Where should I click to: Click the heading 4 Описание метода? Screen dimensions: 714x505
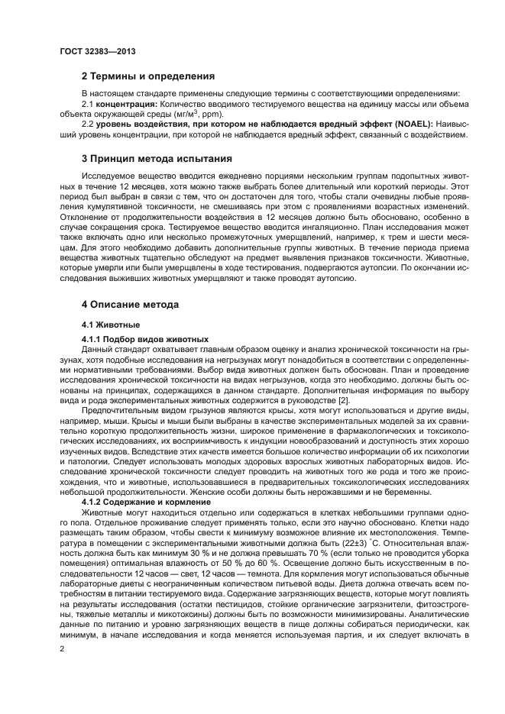(130, 304)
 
